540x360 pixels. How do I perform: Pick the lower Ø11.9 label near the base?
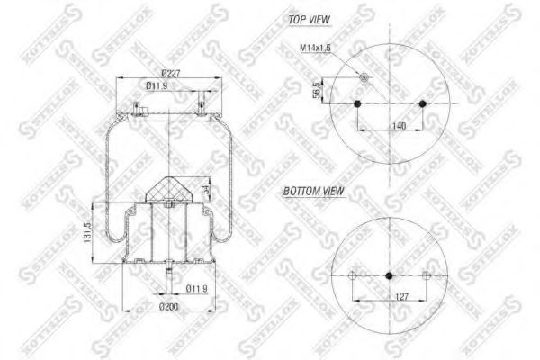click(x=197, y=289)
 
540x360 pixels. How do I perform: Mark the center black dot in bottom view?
click(x=390, y=274)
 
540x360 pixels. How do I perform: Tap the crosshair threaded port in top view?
click(x=364, y=77)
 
